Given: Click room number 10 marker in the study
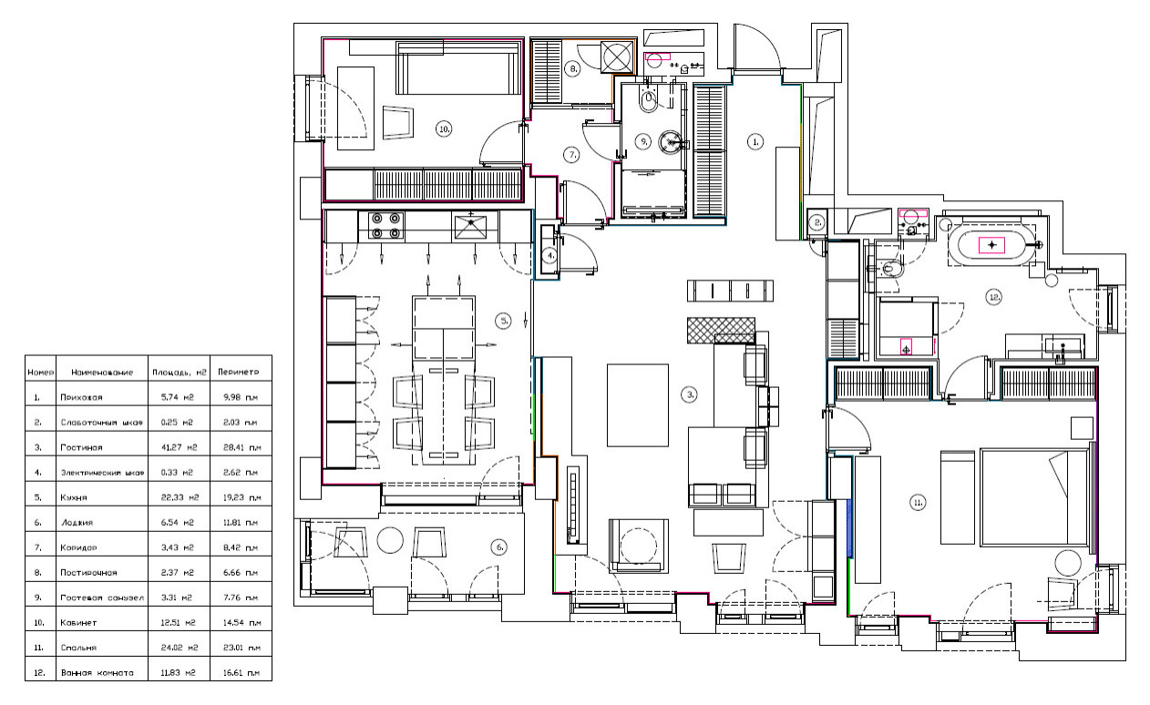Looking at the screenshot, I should tap(444, 129).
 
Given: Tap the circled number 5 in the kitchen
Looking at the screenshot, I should tap(502, 320).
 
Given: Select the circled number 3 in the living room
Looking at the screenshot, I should tap(691, 394).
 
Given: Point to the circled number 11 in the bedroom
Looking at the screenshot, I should tap(918, 501).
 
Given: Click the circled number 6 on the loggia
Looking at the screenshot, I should tap(498, 547).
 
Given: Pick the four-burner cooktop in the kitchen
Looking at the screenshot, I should tap(385, 225).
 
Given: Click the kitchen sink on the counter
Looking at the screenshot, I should tap(472, 224).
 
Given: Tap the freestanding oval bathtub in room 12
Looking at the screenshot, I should tap(992, 245).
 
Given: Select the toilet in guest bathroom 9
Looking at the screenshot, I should tap(646, 103).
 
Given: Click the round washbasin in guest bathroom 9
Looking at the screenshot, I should tap(673, 141).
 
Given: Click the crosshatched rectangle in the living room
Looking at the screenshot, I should tap(722, 329).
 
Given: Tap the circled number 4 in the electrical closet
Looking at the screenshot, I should tap(550, 256).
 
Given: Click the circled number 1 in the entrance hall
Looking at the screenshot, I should tap(755, 141).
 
